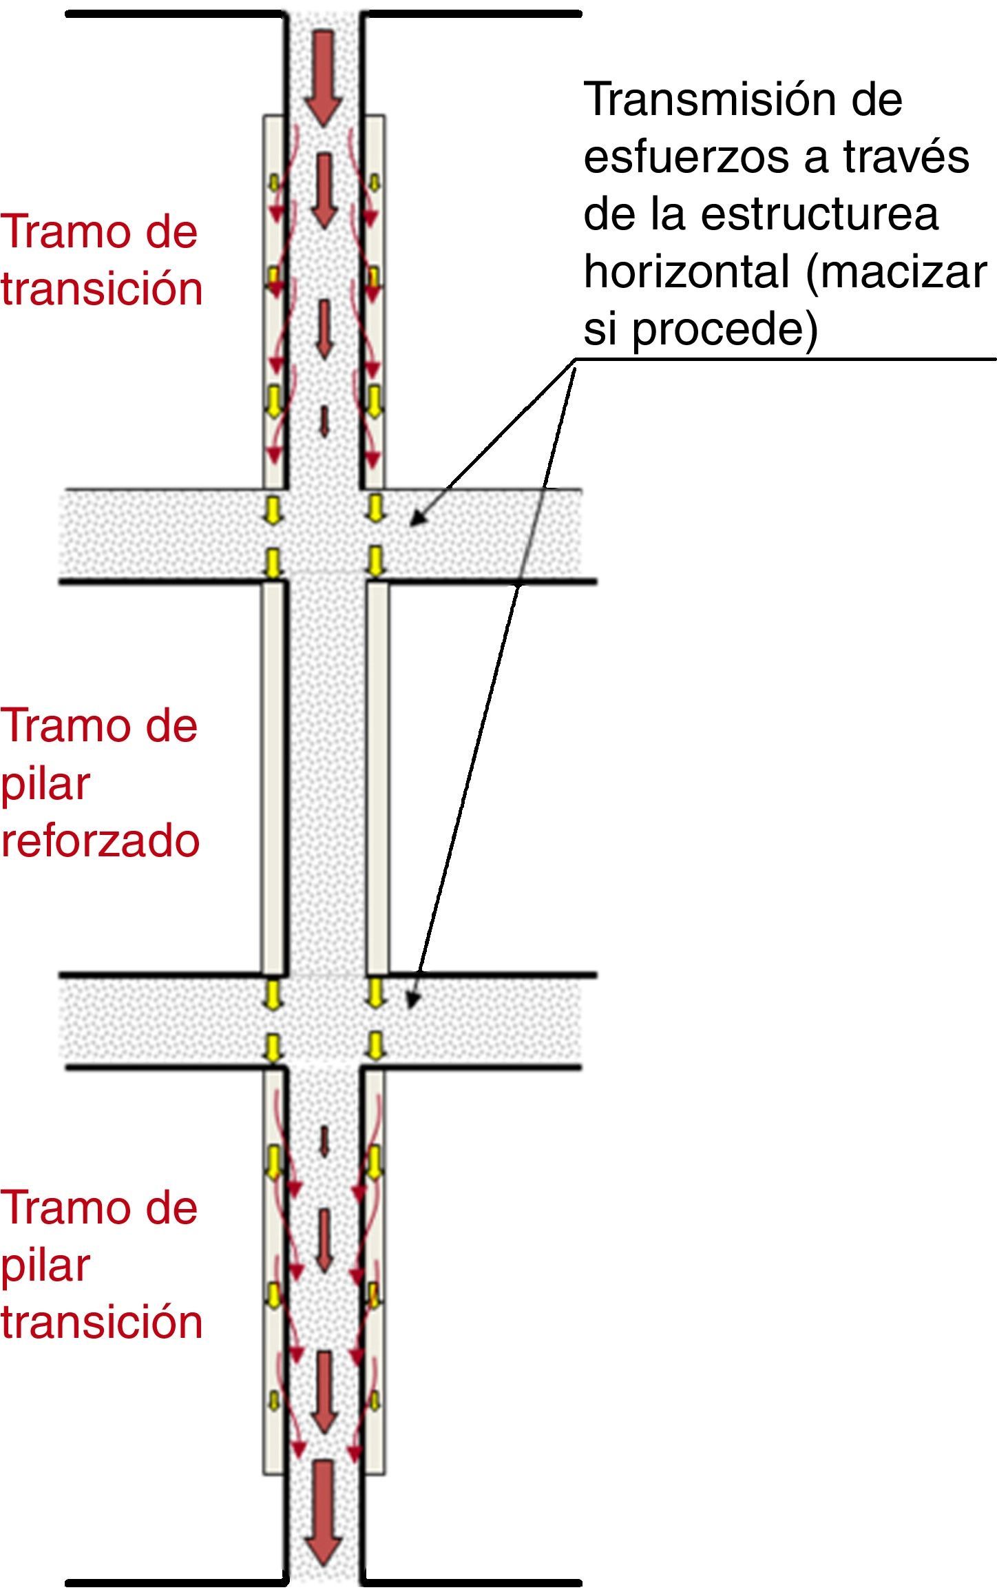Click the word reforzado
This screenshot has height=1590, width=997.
tap(101, 840)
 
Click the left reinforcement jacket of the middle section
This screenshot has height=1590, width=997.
tap(273, 778)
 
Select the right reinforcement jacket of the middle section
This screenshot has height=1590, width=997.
tap(377, 778)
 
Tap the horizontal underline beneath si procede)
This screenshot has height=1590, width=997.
tap(785, 359)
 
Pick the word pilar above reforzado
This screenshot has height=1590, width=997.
tap(45, 784)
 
